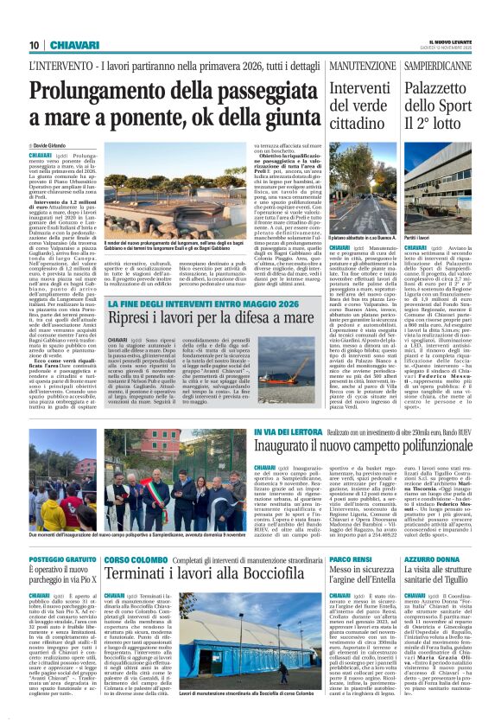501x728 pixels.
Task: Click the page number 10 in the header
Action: tap(34, 45)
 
